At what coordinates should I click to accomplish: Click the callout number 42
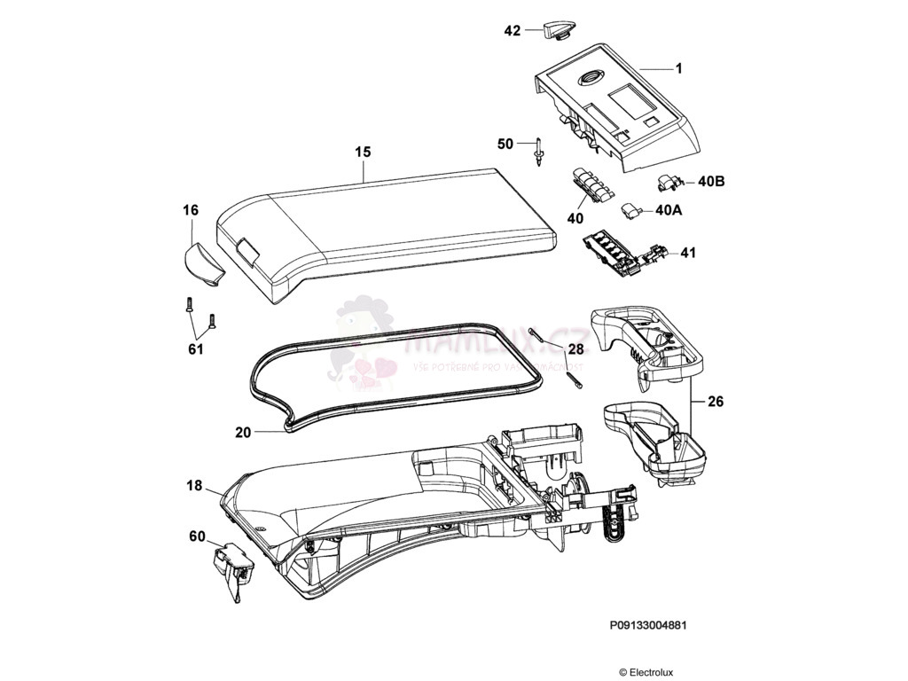pos(513,30)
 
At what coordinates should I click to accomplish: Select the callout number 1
pos(678,68)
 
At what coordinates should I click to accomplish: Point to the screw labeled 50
pos(539,153)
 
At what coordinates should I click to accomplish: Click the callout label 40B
pos(711,182)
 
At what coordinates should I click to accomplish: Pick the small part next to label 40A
pos(632,209)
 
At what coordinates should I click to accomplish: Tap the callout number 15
pos(363,153)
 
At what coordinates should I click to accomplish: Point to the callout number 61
pos(196,349)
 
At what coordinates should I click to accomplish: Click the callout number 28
pos(575,348)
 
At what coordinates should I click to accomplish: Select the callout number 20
pos(244,433)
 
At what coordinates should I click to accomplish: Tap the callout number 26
pos(716,402)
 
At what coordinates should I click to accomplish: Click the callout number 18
pos(195,486)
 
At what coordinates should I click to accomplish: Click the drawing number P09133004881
pos(648,624)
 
